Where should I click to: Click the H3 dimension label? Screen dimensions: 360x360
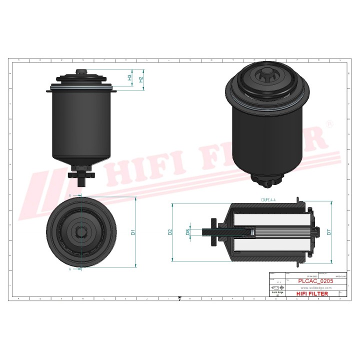[129, 78]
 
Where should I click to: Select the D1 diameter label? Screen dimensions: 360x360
[133, 232]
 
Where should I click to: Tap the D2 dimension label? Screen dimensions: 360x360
[170, 232]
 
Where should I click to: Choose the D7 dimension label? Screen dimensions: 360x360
[328, 232]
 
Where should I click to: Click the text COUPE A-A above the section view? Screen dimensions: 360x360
[269, 199]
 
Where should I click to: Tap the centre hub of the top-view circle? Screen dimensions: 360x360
[81, 232]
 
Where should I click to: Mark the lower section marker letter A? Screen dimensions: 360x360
[70, 268]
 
